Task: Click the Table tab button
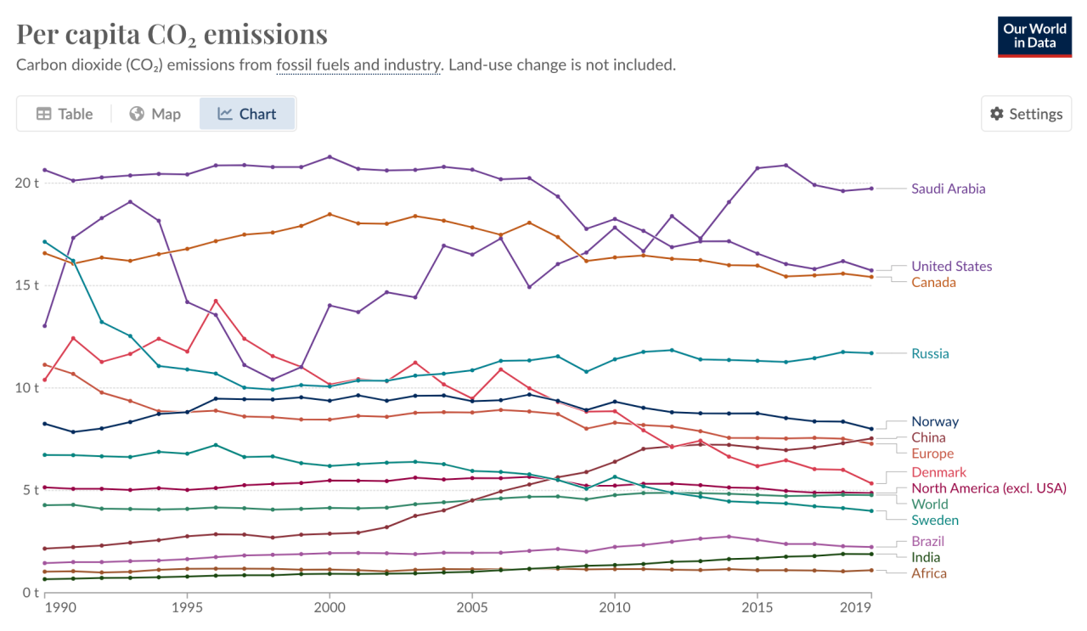(x=65, y=114)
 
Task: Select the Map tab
(x=155, y=114)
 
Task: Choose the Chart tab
(x=247, y=114)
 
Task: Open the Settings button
(x=1026, y=114)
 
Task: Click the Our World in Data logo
(x=1034, y=36)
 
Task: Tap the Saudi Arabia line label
(x=948, y=189)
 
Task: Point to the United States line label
(x=951, y=266)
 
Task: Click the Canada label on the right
(x=933, y=282)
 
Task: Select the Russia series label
(x=930, y=353)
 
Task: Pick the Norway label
(x=935, y=421)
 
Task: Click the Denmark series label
(x=938, y=472)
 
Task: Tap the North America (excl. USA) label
(x=988, y=488)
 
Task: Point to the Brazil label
(x=927, y=541)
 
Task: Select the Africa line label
(x=928, y=573)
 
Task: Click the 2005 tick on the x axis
(x=472, y=609)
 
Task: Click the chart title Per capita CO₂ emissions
(x=172, y=34)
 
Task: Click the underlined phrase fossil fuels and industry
(x=358, y=65)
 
